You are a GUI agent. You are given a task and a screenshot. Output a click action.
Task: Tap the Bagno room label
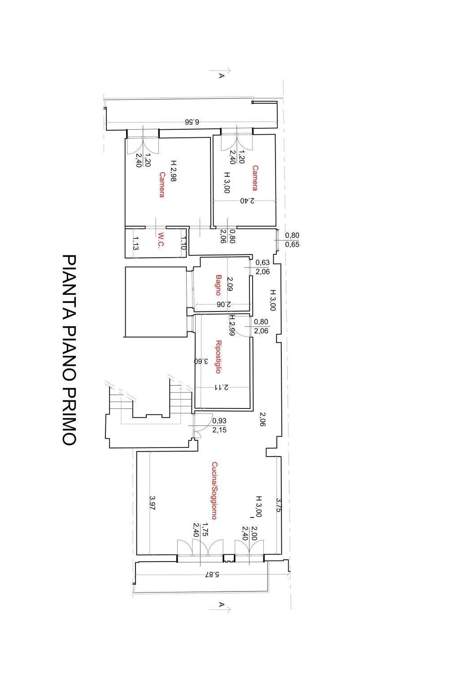tap(218, 285)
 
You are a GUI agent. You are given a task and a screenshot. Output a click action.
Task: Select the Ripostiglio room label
tap(218, 357)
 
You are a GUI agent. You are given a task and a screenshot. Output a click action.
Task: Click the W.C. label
tap(161, 240)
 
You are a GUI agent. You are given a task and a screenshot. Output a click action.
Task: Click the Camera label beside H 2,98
tap(162, 184)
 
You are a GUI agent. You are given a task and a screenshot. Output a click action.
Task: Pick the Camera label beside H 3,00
tap(255, 178)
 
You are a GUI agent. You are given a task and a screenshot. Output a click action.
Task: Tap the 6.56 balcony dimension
tap(192, 122)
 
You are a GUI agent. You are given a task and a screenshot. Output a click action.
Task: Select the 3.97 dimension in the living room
tap(152, 503)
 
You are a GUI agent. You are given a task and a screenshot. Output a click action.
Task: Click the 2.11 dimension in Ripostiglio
tap(221, 387)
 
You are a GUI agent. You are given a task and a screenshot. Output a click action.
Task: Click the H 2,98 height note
tap(173, 171)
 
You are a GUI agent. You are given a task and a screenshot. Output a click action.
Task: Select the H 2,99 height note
tap(232, 325)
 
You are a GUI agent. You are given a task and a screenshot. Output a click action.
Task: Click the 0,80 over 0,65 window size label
tap(292, 240)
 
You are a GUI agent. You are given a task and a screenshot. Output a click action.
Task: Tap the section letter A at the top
tap(221, 75)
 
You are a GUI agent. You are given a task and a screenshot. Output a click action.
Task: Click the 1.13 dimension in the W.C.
tap(135, 243)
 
